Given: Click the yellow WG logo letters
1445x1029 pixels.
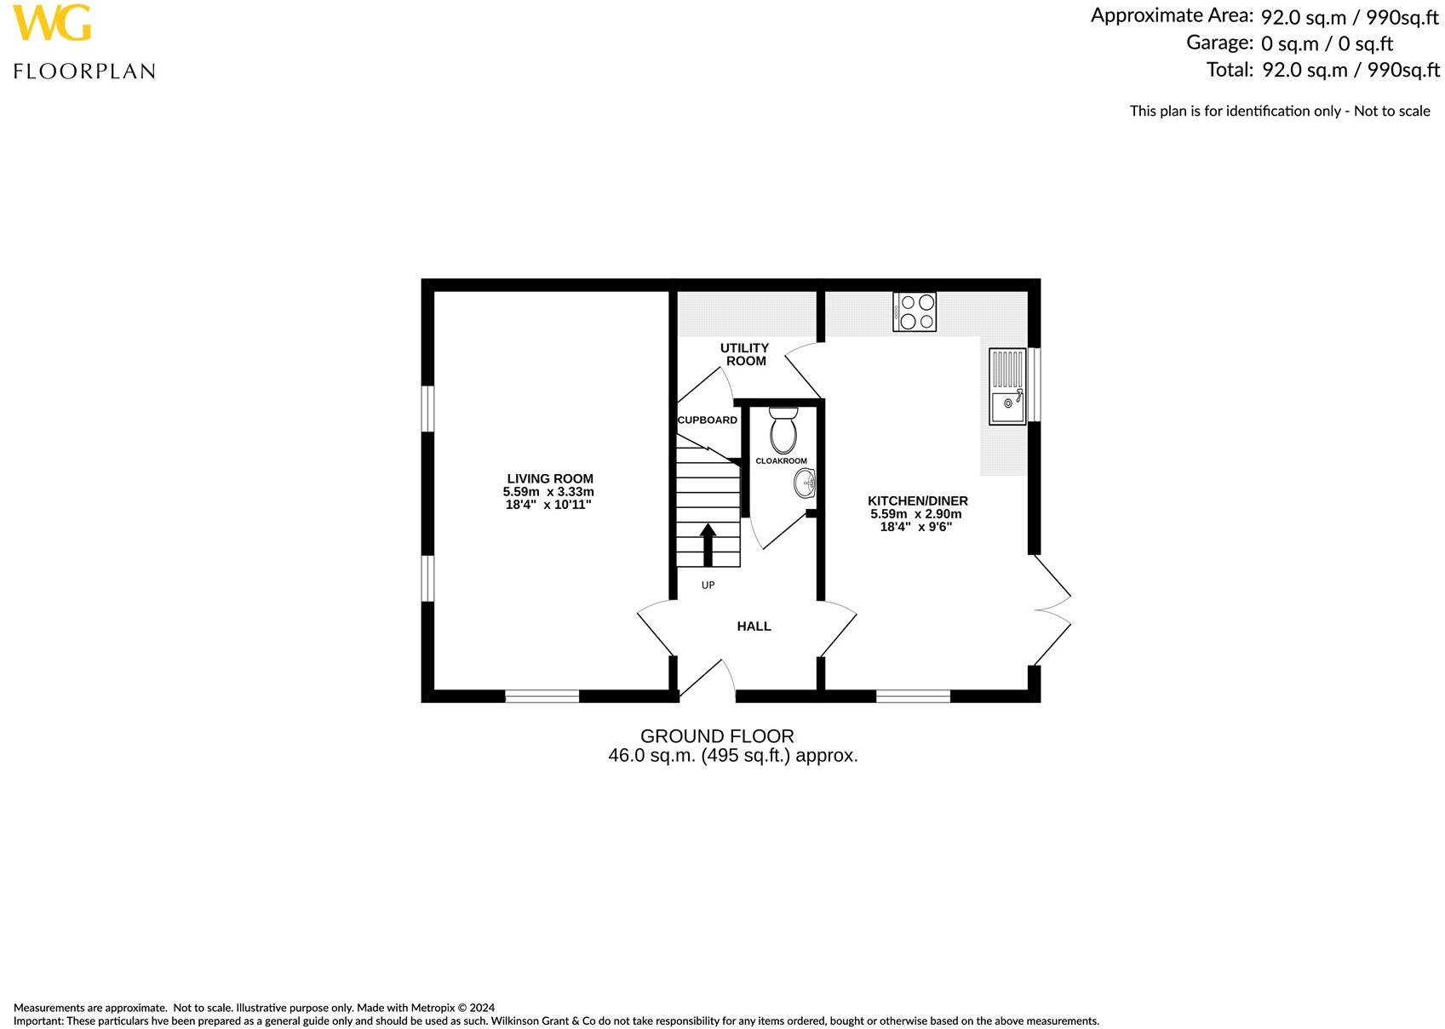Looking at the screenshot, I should pos(51,23).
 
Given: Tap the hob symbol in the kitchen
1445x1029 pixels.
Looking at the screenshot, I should pos(915,312).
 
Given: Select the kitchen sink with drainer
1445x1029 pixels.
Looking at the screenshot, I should pos(1007,386).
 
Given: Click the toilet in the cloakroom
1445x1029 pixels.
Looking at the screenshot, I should pos(783,431).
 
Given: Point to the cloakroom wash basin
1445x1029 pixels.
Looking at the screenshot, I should pos(804,484).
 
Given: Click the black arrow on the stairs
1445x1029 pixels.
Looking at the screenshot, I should pos(708,544).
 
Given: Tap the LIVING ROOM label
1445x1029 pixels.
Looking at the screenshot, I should pos(549,478).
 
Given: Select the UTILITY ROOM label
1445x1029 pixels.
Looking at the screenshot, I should pos(744,354).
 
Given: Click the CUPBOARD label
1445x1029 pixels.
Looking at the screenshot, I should pos(707,420).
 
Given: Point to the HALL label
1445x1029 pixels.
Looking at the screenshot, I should pos(754,626).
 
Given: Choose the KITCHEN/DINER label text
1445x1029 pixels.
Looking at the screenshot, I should pos(917,501).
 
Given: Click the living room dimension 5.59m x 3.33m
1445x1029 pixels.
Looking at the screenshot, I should pos(548,492).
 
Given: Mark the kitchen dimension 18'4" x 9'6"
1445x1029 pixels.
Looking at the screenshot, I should pos(915,527).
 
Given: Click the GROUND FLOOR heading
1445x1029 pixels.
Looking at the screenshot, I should pos(717,736).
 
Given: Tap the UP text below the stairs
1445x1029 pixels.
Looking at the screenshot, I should pos(708,586).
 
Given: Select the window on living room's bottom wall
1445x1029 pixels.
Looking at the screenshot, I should pos(542,696).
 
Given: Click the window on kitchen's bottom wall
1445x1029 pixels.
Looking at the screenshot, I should pos(913,696).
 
